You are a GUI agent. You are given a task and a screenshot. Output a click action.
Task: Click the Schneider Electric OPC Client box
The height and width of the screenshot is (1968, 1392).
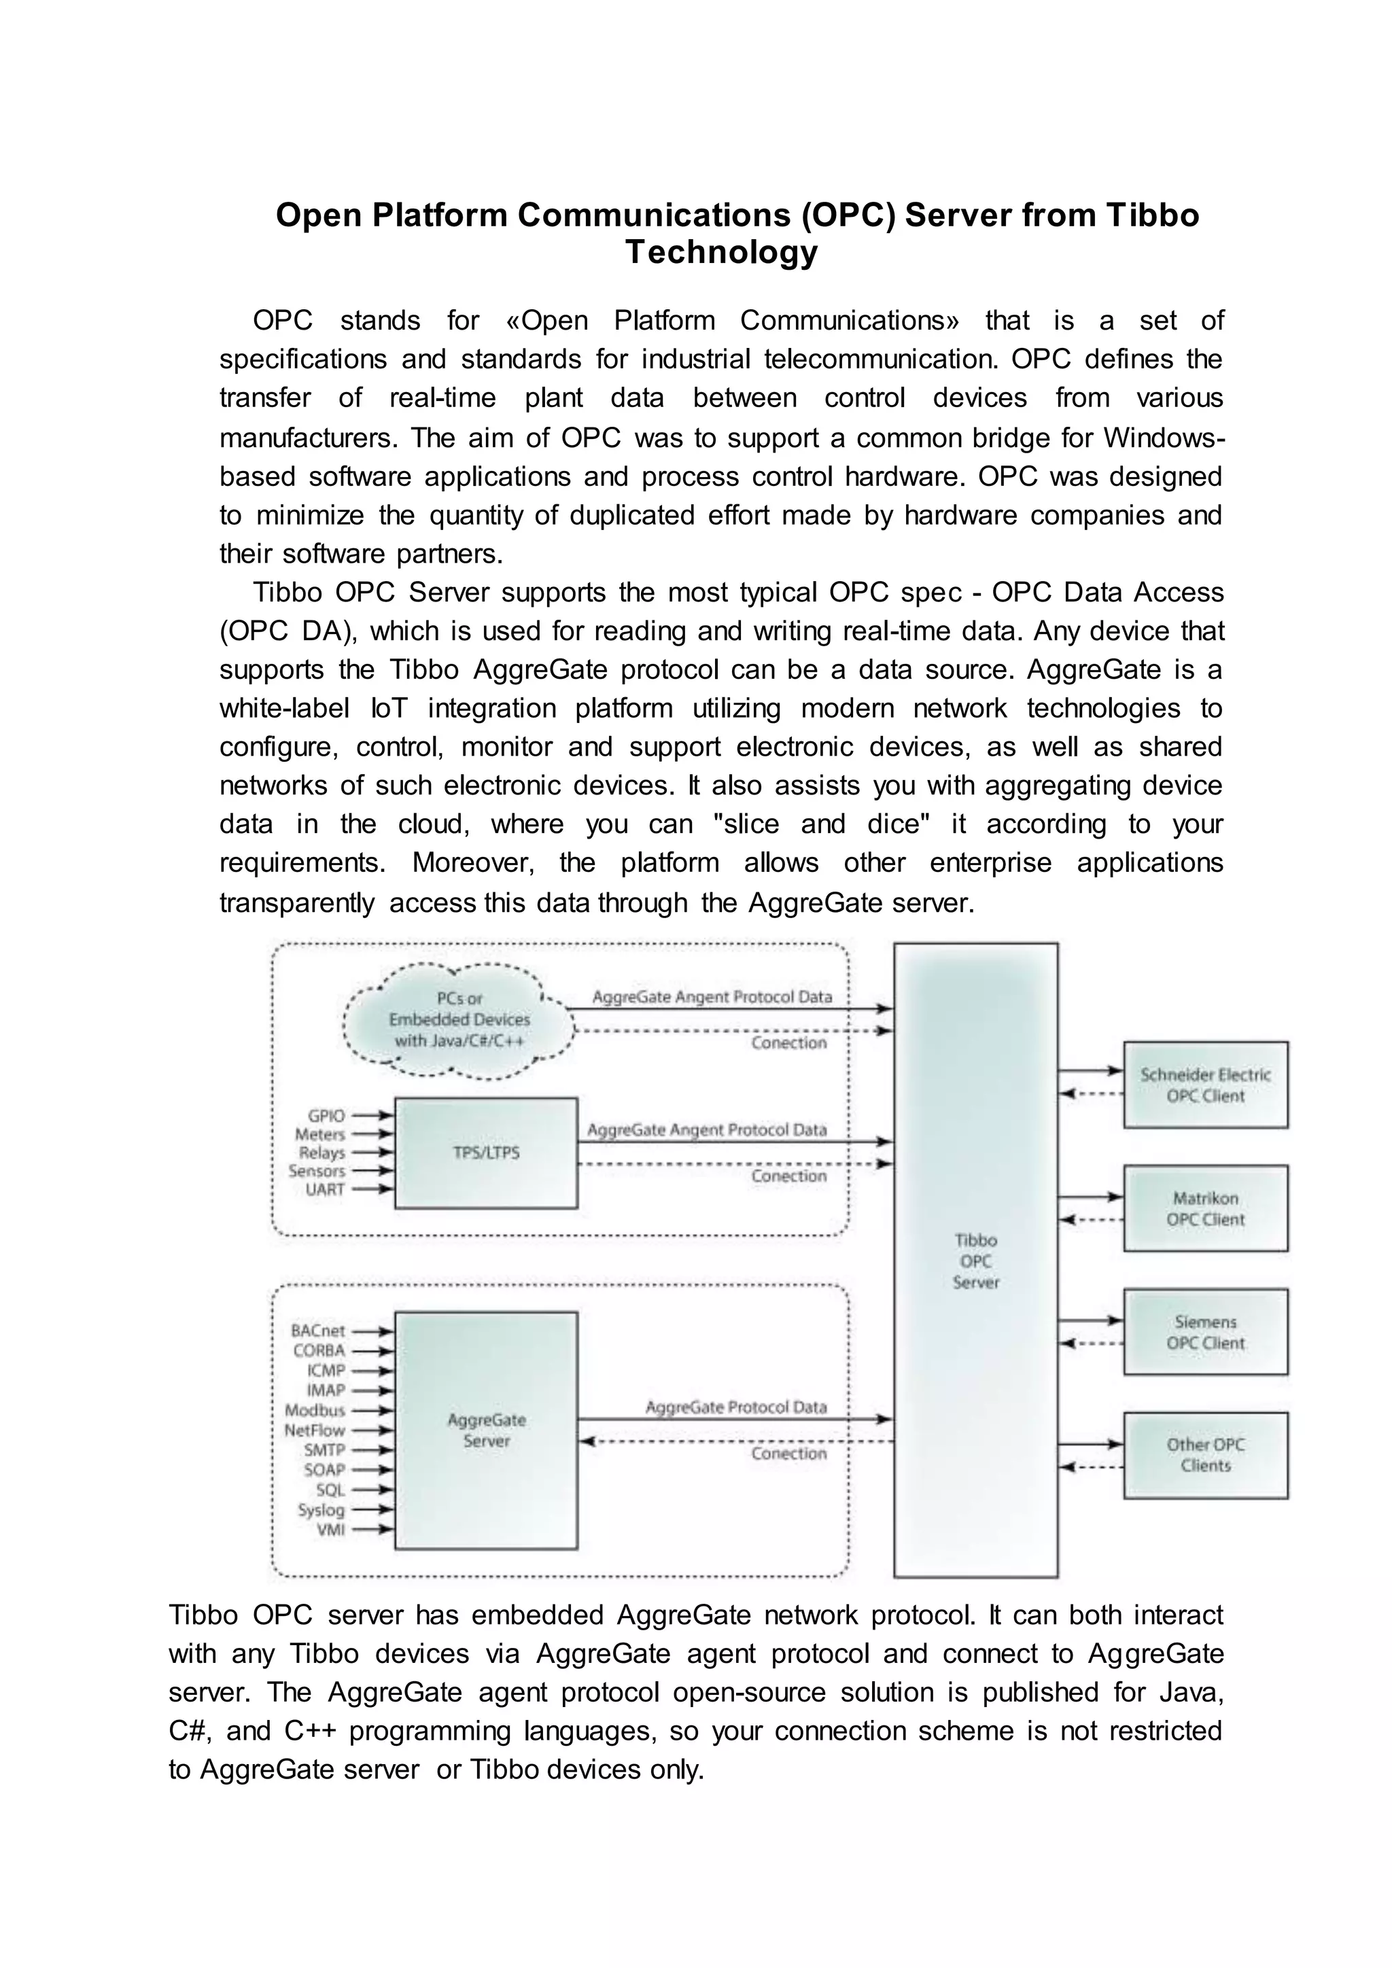click(x=1205, y=1085)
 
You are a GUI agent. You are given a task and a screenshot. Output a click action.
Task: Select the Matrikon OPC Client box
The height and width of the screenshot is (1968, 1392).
click(x=1205, y=1208)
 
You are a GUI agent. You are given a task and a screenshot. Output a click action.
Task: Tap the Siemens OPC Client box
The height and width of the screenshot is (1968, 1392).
click(x=1205, y=1332)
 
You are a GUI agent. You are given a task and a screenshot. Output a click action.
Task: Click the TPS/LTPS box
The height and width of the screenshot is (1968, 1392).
click(x=486, y=1153)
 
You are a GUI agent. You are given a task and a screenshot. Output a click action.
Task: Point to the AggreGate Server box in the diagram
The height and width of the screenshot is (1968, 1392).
click(x=486, y=1430)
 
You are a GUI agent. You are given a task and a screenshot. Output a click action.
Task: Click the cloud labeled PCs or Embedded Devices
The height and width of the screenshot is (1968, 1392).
click(x=459, y=1020)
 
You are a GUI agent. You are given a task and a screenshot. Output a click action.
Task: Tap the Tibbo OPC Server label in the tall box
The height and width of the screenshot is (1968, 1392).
click(x=975, y=1261)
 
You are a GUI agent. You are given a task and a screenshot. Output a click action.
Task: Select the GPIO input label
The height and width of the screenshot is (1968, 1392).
click(x=326, y=1116)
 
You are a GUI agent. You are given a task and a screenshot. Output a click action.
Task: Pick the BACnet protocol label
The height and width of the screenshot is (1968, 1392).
click(x=318, y=1331)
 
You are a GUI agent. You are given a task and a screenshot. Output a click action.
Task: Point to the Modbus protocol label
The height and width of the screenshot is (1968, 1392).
click(x=315, y=1410)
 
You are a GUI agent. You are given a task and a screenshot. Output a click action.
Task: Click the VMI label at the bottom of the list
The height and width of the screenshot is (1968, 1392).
click(x=330, y=1529)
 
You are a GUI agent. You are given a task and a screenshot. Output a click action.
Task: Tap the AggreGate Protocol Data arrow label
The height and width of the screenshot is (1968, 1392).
click(x=735, y=1407)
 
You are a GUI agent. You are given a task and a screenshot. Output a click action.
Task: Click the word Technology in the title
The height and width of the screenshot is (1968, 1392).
click(x=721, y=252)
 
